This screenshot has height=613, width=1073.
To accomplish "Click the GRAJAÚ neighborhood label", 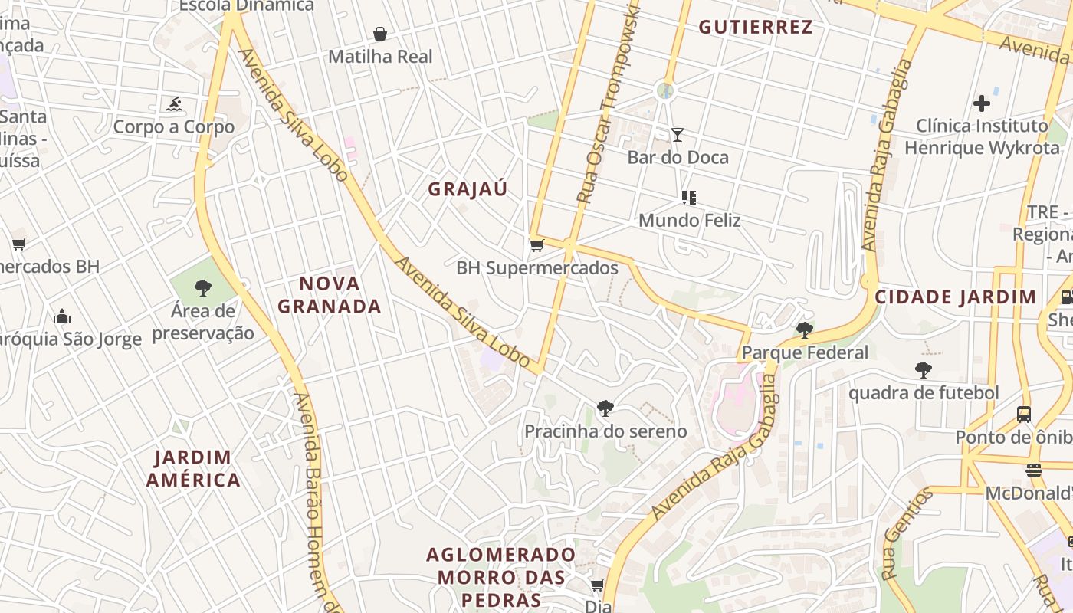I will [468, 189].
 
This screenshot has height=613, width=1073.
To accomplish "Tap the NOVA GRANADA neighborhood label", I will [330, 295].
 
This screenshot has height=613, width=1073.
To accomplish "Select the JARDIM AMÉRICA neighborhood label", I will [194, 469].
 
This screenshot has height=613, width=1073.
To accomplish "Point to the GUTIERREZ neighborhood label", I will [755, 28].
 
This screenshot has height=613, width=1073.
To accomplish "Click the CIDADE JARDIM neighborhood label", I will [956, 297].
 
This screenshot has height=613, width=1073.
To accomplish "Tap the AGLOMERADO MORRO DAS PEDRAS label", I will [501, 576].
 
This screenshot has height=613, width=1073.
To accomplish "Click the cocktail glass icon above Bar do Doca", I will [678, 136].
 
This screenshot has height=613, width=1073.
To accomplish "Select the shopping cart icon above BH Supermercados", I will [536, 246].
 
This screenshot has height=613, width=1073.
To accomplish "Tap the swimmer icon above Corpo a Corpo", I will [174, 104].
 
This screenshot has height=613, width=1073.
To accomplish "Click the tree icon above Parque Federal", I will [805, 330].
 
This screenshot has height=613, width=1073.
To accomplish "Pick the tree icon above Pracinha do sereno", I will [605, 408].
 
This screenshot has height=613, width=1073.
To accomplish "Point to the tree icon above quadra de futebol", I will [924, 370].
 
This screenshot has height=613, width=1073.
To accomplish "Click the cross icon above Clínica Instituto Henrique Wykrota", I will [982, 103].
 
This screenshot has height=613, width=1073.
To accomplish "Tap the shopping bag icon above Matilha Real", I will [379, 34].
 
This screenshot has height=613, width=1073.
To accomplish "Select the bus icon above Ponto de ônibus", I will [1023, 415].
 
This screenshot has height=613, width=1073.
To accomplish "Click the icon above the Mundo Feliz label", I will [689, 198].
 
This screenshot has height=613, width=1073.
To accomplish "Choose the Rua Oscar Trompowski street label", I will [609, 103].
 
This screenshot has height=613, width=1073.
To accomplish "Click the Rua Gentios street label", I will [907, 533].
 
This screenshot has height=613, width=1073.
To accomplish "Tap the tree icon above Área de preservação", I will [203, 288].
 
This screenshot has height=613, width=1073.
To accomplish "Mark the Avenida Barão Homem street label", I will [314, 498].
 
